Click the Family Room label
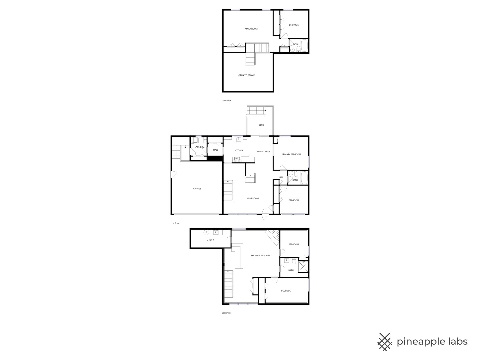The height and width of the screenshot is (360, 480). (251, 29)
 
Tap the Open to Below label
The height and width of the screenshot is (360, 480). (246, 75)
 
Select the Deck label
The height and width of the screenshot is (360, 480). (261, 125)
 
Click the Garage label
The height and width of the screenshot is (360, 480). (197, 189)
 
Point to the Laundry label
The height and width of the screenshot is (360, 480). (199, 147)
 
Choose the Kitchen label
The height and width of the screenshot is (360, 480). (239, 151)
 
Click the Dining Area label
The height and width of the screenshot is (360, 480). (263, 152)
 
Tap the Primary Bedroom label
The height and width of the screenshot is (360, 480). (291, 154)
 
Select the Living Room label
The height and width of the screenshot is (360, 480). (252, 198)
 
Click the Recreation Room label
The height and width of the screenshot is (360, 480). (260, 256)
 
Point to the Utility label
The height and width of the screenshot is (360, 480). (210, 240)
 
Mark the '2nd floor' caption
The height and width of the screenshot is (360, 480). (227, 100)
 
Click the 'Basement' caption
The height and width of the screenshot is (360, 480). (226, 313)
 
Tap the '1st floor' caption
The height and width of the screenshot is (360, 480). (175, 223)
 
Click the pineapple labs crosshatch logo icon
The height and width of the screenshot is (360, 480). (385, 342)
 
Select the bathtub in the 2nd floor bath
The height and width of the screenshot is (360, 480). (304, 46)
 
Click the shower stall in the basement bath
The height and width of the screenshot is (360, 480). (303, 267)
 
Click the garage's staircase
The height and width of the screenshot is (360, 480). (176, 153)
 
